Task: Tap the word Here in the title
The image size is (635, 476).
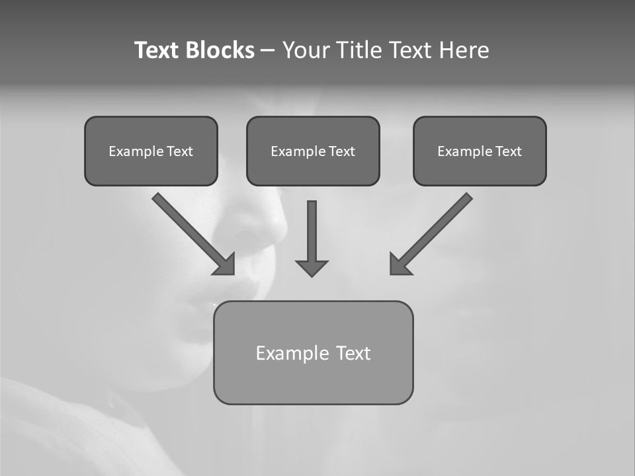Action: [464, 50]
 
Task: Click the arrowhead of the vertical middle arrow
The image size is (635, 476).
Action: [312, 268]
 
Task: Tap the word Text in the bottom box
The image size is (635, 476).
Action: [353, 353]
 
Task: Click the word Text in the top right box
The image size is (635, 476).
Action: [508, 151]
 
